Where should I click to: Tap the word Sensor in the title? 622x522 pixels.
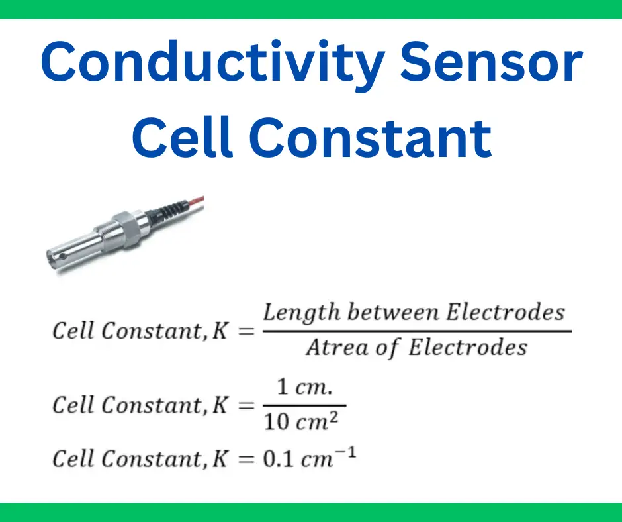(491, 61)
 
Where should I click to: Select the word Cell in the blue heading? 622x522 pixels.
(182, 136)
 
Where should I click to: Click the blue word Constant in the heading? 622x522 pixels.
(370, 137)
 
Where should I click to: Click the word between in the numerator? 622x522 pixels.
(393, 312)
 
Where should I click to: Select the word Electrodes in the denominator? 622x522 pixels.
(468, 347)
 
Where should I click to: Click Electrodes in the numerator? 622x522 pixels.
(506, 312)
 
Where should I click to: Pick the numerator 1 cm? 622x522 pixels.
(304, 387)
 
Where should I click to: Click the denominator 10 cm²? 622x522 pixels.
(301, 421)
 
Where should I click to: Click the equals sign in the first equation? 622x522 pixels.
(246, 331)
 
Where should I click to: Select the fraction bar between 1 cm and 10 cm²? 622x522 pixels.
(304, 405)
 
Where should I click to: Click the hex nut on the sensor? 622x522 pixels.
(126, 229)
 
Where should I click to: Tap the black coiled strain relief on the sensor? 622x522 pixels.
(169, 211)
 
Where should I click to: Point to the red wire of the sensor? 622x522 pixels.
(196, 202)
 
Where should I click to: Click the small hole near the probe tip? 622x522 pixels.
(63, 256)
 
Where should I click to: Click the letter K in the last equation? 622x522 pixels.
(220, 459)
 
